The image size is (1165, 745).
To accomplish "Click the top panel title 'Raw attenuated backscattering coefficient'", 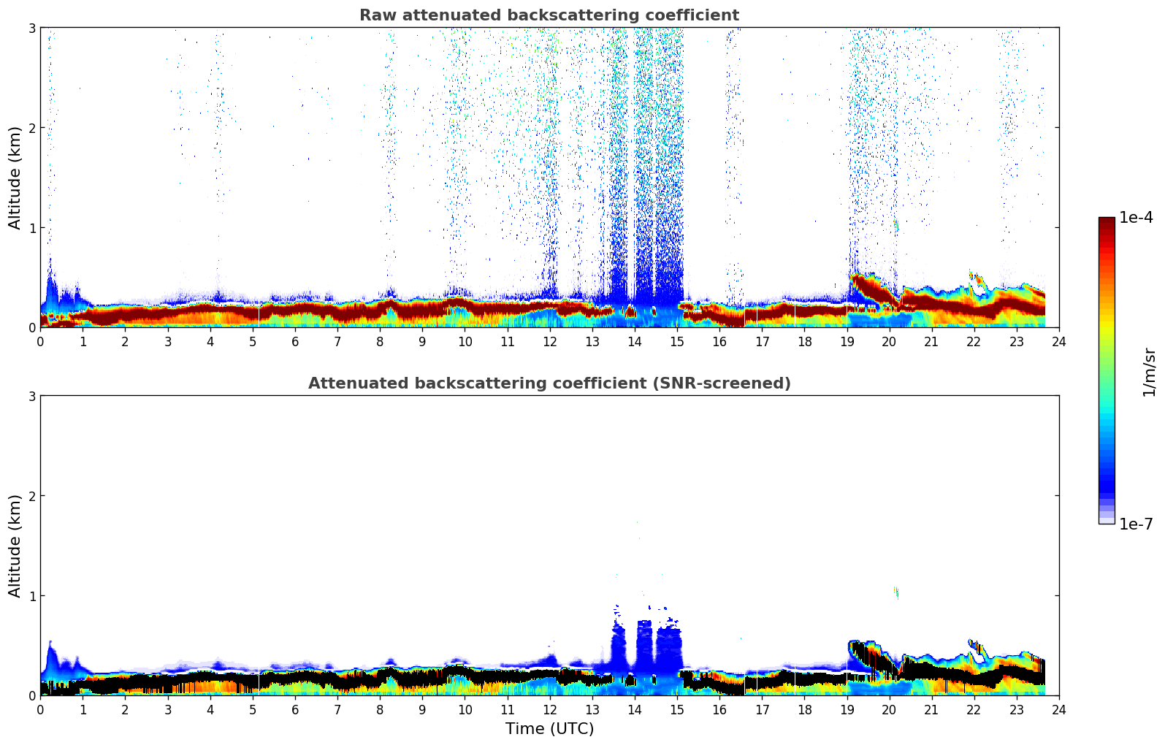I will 549,15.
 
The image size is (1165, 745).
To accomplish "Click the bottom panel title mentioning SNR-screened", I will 549,383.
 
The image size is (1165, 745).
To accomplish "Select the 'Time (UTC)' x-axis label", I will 549,729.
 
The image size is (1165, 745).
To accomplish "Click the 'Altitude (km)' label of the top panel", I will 15,177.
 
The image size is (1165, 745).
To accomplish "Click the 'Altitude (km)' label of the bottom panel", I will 15,546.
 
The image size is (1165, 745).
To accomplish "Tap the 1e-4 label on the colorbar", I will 1136,218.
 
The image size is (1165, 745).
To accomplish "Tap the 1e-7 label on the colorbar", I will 1136,524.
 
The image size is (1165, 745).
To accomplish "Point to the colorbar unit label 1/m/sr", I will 1149,371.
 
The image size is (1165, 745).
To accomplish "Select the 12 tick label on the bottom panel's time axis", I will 549,710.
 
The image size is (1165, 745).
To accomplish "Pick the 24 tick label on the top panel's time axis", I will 1058,342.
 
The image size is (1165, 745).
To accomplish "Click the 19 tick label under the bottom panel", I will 847,710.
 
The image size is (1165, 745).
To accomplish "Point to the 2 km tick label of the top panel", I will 31,128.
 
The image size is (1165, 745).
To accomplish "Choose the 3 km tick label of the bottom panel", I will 31,396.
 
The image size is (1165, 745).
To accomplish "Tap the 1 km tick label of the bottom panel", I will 31,596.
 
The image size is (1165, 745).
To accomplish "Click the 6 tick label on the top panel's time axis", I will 295,342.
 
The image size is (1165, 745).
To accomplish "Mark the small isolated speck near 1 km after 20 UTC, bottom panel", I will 895,592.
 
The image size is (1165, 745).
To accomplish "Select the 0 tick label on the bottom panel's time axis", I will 40,710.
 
